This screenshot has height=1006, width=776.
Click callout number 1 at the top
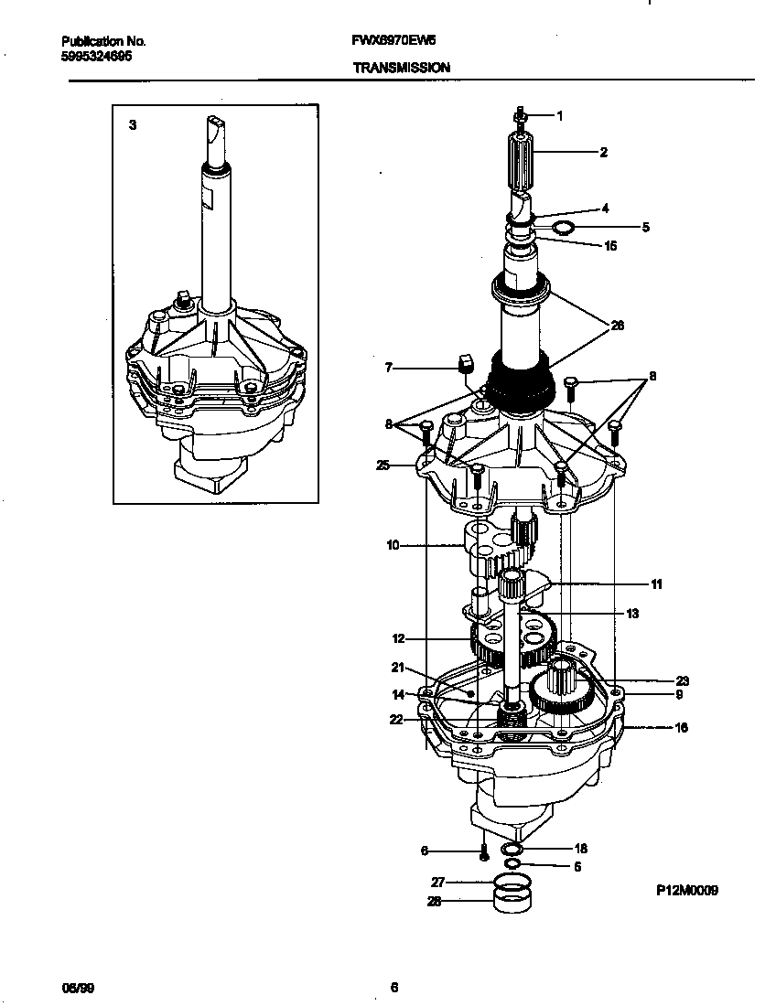click(x=559, y=115)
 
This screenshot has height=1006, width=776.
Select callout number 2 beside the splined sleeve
click(x=603, y=153)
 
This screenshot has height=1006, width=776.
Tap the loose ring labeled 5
click(x=566, y=226)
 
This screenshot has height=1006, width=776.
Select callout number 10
click(x=393, y=546)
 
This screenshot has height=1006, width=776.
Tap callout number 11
click(x=656, y=583)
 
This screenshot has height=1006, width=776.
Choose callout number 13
click(x=632, y=614)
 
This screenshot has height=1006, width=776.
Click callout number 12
click(x=398, y=638)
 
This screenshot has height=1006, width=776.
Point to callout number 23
click(x=682, y=680)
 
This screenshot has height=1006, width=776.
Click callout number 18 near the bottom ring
click(x=580, y=850)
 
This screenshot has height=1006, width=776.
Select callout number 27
click(x=437, y=883)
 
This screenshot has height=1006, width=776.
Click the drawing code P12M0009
click(x=686, y=889)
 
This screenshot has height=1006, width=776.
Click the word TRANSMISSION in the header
click(x=400, y=68)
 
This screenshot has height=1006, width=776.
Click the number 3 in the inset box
click(x=133, y=125)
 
